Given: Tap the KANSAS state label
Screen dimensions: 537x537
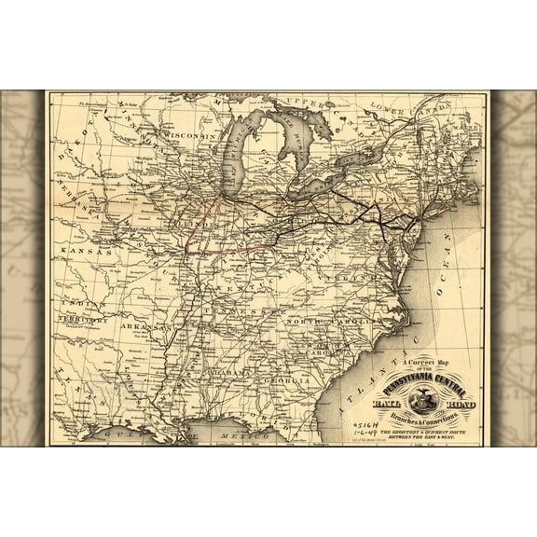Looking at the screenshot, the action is point(85,252).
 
